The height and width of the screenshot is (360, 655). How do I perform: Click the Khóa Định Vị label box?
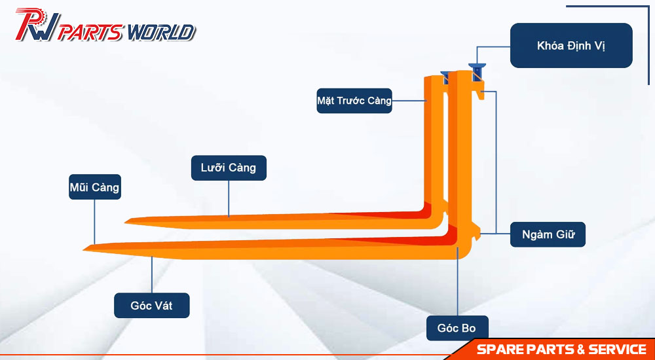pyautogui.click(x=571, y=46)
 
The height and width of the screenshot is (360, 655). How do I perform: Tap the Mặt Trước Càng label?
pyautogui.click(x=354, y=101)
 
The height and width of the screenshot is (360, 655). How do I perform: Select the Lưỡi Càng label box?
pyautogui.click(x=229, y=168)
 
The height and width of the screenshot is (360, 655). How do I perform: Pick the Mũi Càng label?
pyautogui.click(x=95, y=187)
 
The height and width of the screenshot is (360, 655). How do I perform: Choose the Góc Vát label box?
pyautogui.click(x=152, y=305)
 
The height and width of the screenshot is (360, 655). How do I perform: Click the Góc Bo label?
pyautogui.click(x=457, y=328)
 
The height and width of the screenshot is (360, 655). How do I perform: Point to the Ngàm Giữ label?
pyautogui.click(x=548, y=234)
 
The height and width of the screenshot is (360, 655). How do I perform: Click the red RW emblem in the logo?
pyautogui.click(x=37, y=25)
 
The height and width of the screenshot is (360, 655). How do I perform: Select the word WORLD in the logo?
pyautogui.click(x=161, y=33)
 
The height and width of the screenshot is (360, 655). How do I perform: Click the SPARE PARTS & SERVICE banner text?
pyautogui.click(x=561, y=349)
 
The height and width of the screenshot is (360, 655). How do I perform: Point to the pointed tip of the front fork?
pyautogui.click(x=84, y=249)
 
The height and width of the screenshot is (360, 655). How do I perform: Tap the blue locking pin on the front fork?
pyautogui.click(x=477, y=72)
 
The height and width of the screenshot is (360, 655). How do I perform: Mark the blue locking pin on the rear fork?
pyautogui.click(x=445, y=75)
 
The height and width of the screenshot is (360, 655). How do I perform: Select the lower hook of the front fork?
pyautogui.click(x=476, y=232)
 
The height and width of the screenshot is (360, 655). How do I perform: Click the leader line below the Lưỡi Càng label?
pyautogui.click(x=229, y=198)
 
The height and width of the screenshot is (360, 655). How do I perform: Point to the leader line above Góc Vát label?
pyautogui.click(x=152, y=275)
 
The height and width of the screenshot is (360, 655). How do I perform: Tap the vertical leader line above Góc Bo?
pyautogui.click(x=457, y=281)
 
